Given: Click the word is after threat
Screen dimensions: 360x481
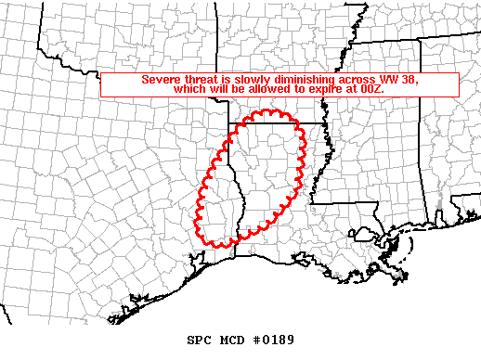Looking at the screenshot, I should [x=228, y=80].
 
